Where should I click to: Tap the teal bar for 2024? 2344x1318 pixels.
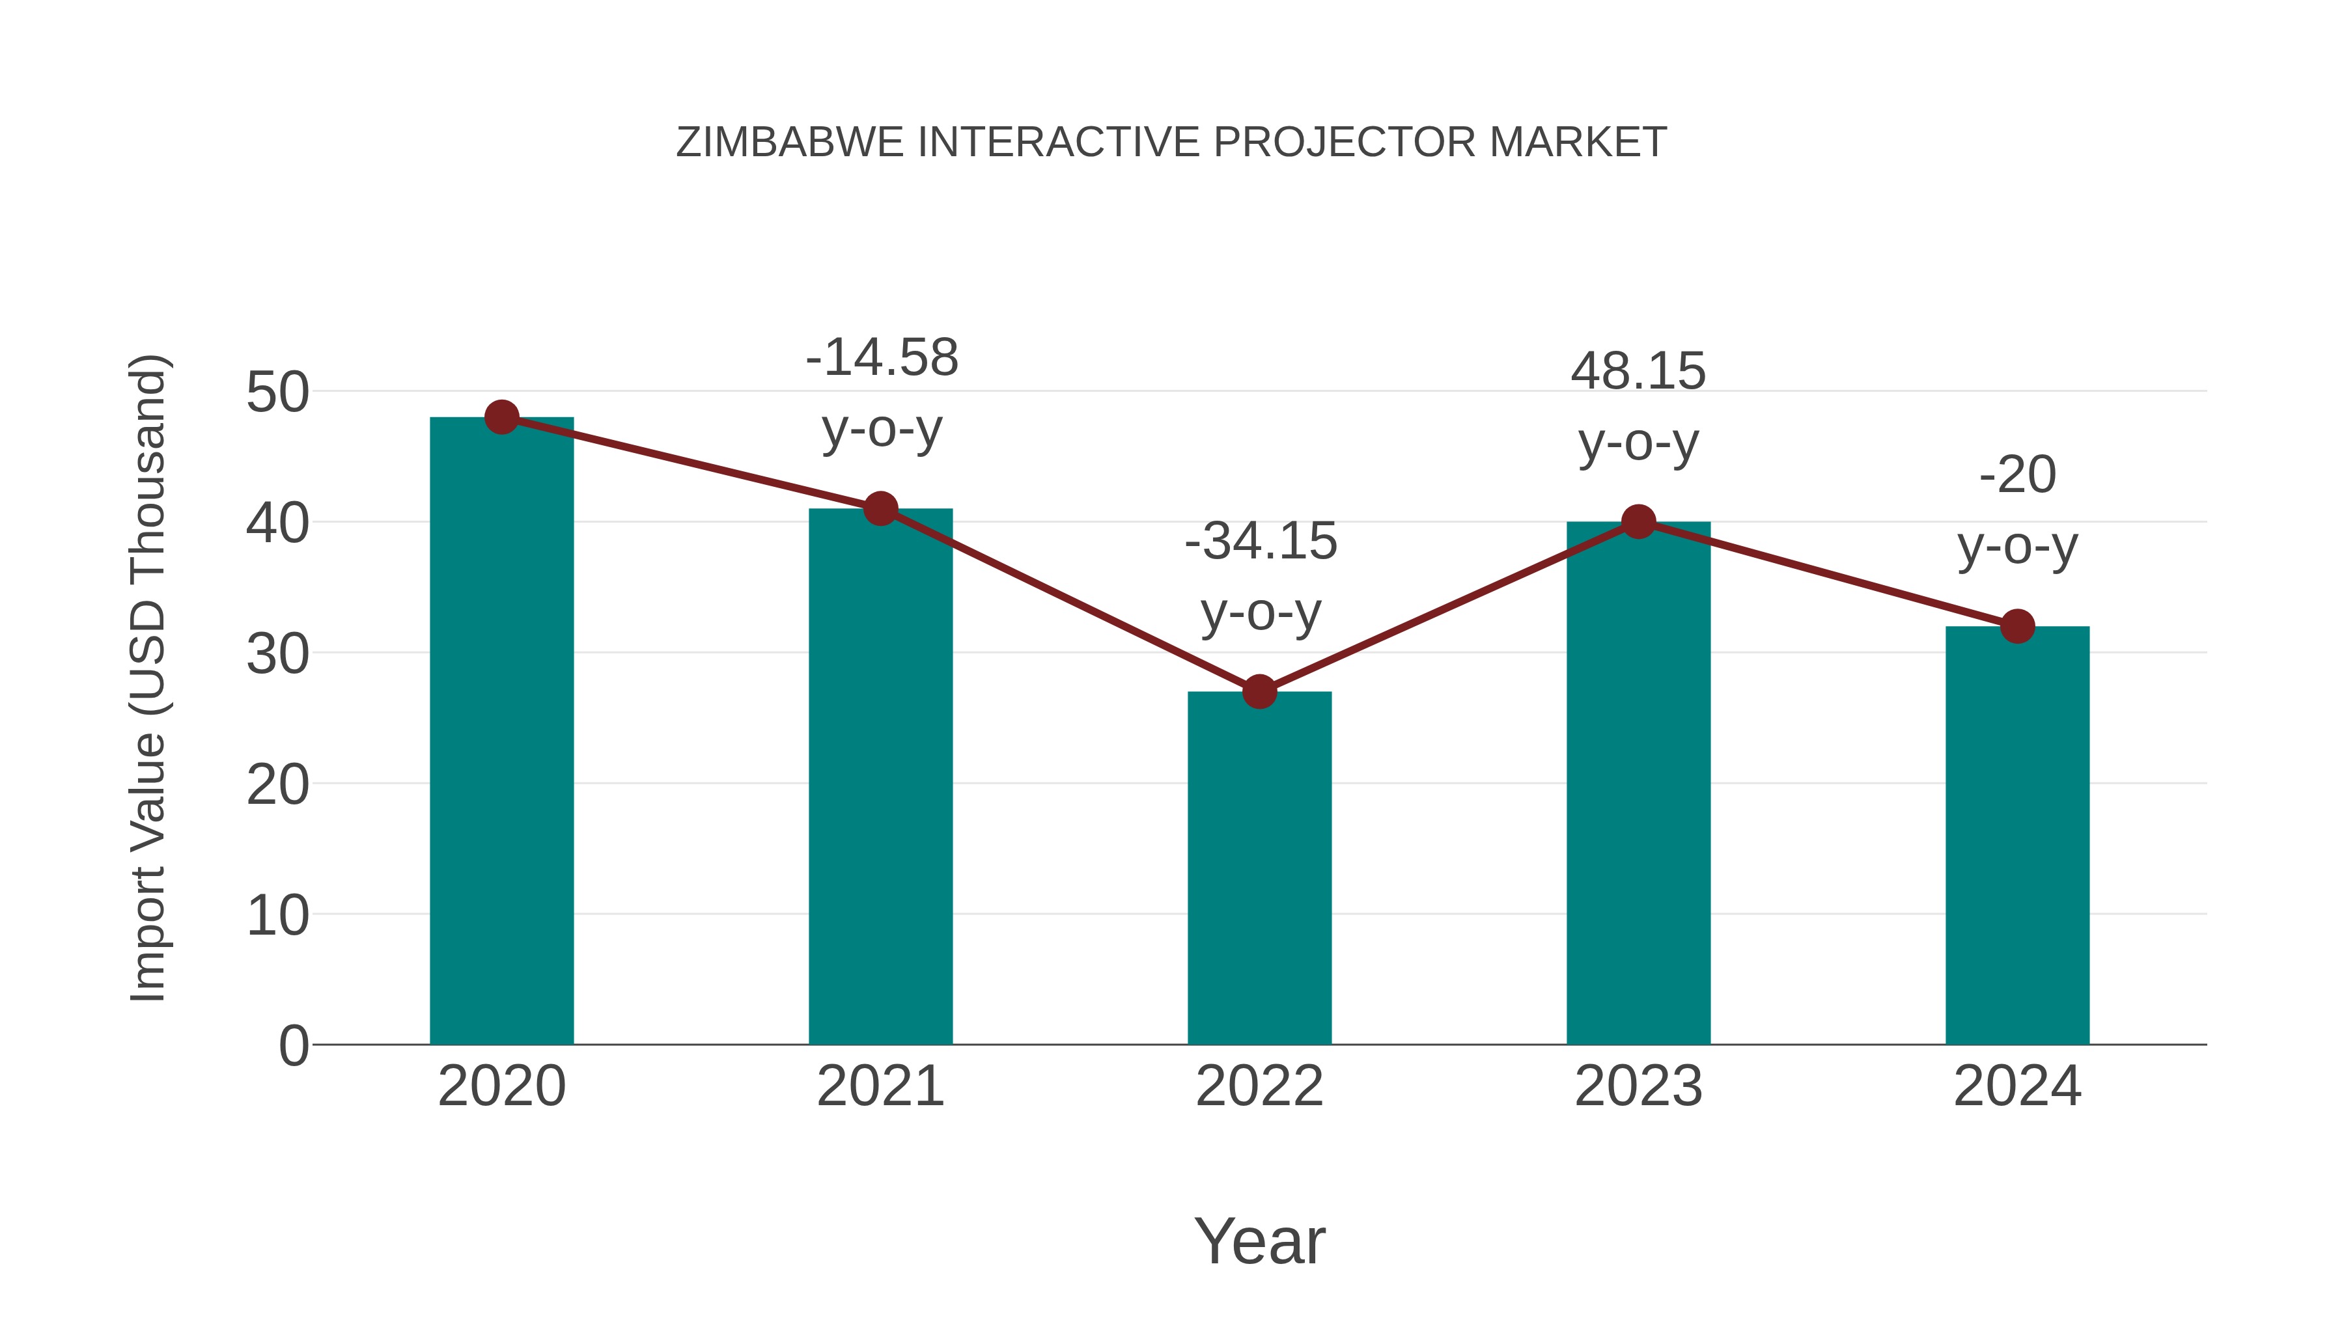pos(2017,837)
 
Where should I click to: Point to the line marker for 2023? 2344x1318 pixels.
pos(1638,522)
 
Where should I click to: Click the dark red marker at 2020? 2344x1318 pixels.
pos(501,417)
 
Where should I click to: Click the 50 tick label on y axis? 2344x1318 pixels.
pos(277,393)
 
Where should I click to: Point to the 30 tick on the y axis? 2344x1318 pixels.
pos(277,654)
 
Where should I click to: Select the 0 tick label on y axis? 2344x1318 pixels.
pos(294,1045)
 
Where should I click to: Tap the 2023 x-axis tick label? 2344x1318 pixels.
pos(1638,1086)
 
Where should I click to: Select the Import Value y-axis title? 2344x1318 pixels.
pos(147,678)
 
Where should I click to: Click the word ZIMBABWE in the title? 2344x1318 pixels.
pos(790,143)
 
